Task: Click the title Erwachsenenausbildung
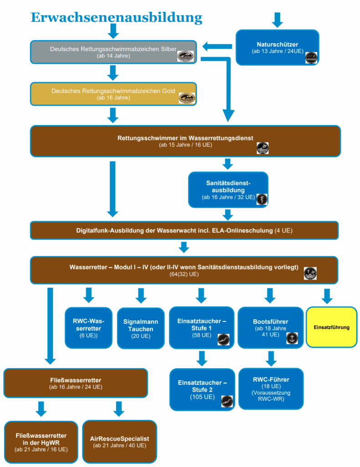pos(116,17)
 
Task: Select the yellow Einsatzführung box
pos(331,327)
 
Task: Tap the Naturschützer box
pos(277,47)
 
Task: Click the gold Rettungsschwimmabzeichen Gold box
pos(113,94)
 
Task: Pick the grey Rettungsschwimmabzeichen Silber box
pos(113,52)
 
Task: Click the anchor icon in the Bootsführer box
pos(292,338)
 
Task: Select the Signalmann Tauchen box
pos(141,328)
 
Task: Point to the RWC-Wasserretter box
pos(88,328)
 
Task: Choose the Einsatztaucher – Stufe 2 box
pos(202,389)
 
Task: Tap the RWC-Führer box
pos(271,389)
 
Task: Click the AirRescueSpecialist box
pos(119,441)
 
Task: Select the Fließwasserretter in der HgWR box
pos(41,442)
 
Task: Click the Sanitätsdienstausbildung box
pos(228,190)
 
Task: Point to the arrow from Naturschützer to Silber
pos(217,47)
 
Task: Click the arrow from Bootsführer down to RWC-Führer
pos(271,358)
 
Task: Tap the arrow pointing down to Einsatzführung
pos(327,296)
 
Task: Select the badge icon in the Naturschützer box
pos(311,58)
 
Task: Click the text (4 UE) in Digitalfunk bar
pos(283,230)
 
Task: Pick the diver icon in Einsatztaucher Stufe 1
pos(223,339)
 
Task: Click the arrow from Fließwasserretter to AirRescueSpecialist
pos(119,409)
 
